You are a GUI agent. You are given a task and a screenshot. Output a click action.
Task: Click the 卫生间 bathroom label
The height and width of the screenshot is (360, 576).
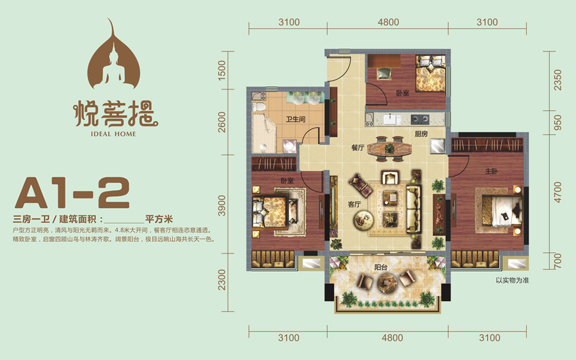(x=296, y=119)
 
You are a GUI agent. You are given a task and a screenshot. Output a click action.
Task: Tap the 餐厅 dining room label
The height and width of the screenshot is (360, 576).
(x=358, y=148)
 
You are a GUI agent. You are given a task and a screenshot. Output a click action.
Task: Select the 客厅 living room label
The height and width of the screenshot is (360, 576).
(x=355, y=204)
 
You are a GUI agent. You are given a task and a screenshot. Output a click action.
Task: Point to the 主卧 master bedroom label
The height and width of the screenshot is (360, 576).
(x=491, y=171)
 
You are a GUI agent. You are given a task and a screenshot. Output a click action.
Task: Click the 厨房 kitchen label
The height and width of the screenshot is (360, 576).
(x=421, y=134)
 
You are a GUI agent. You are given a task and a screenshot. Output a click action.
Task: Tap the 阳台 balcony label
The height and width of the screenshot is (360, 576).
(x=381, y=268)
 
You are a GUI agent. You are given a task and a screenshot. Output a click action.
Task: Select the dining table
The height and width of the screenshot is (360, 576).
(x=389, y=148)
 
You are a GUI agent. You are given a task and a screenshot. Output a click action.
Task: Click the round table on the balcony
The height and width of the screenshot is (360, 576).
(x=388, y=283)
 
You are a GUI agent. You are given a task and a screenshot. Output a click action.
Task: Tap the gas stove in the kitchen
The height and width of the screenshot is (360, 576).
(x=420, y=119)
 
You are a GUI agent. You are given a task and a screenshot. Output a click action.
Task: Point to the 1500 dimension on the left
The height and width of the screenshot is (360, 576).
(x=222, y=70)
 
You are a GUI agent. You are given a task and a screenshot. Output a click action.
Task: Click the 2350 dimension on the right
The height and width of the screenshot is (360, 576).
(x=557, y=80)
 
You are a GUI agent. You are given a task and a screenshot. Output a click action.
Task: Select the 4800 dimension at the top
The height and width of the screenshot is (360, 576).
(x=388, y=22)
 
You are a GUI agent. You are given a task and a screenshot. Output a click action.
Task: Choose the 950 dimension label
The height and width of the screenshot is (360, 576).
(x=557, y=122)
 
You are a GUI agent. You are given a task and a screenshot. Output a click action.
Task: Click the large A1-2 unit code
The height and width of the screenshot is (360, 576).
(x=72, y=193)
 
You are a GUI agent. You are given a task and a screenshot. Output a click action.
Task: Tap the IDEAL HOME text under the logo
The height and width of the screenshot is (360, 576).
(x=113, y=134)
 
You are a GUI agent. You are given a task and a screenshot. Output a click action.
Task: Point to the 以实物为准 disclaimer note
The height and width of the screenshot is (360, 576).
(x=512, y=280)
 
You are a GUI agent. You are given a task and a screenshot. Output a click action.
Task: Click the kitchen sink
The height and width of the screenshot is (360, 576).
(x=392, y=119)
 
